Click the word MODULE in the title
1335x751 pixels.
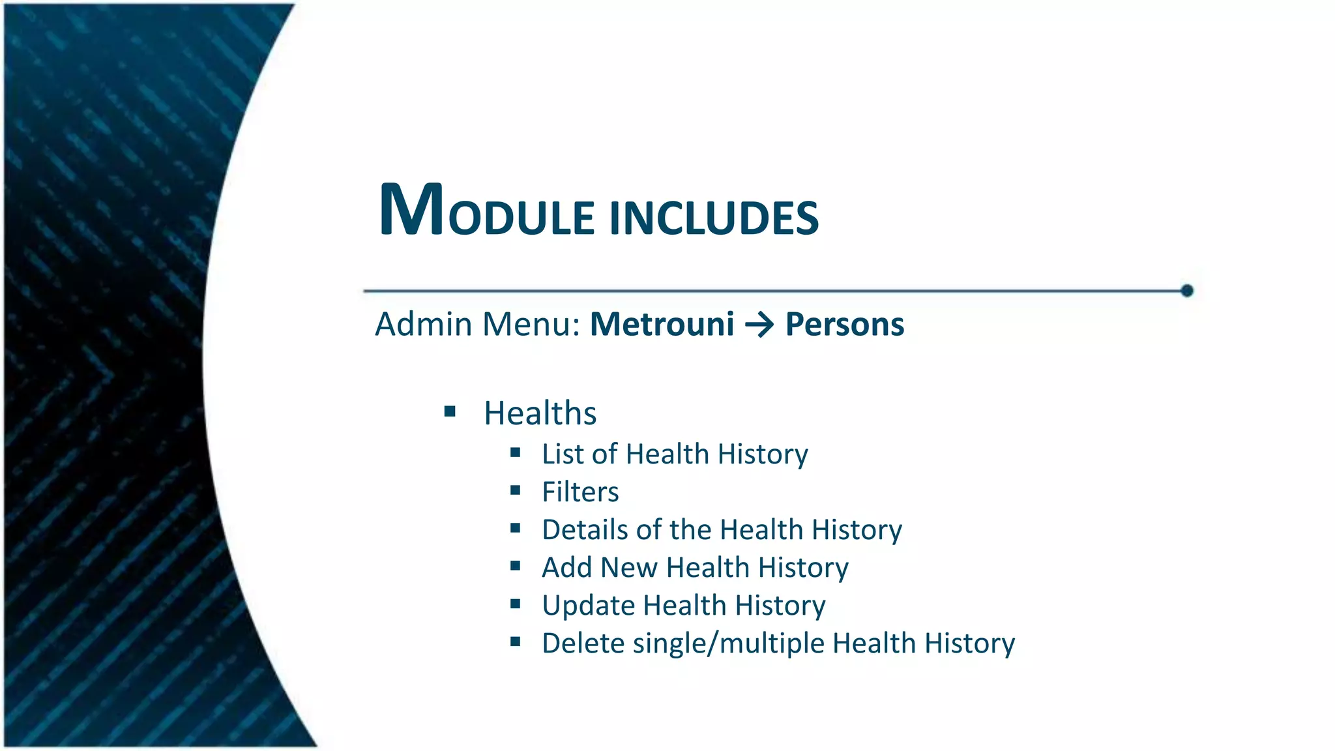coord(486,212)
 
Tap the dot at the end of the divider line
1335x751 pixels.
coord(1187,291)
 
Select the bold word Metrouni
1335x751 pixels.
coord(662,324)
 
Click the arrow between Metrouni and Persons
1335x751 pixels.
coord(759,325)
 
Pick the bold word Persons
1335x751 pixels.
coord(845,324)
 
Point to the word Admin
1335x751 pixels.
coord(424,324)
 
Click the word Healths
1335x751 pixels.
coord(540,413)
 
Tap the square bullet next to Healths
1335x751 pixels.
coord(450,411)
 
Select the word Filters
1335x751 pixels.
coord(580,492)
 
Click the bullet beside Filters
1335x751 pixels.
coord(516,490)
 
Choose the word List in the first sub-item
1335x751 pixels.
coord(563,454)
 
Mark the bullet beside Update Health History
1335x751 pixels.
coord(516,604)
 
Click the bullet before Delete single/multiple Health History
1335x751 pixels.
coord(516,641)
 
